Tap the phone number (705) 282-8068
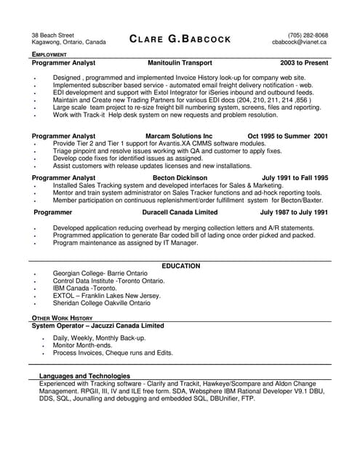(x=308, y=35)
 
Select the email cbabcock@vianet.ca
(x=300, y=42)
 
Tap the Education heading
(x=180, y=266)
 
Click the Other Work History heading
(x=62, y=318)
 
